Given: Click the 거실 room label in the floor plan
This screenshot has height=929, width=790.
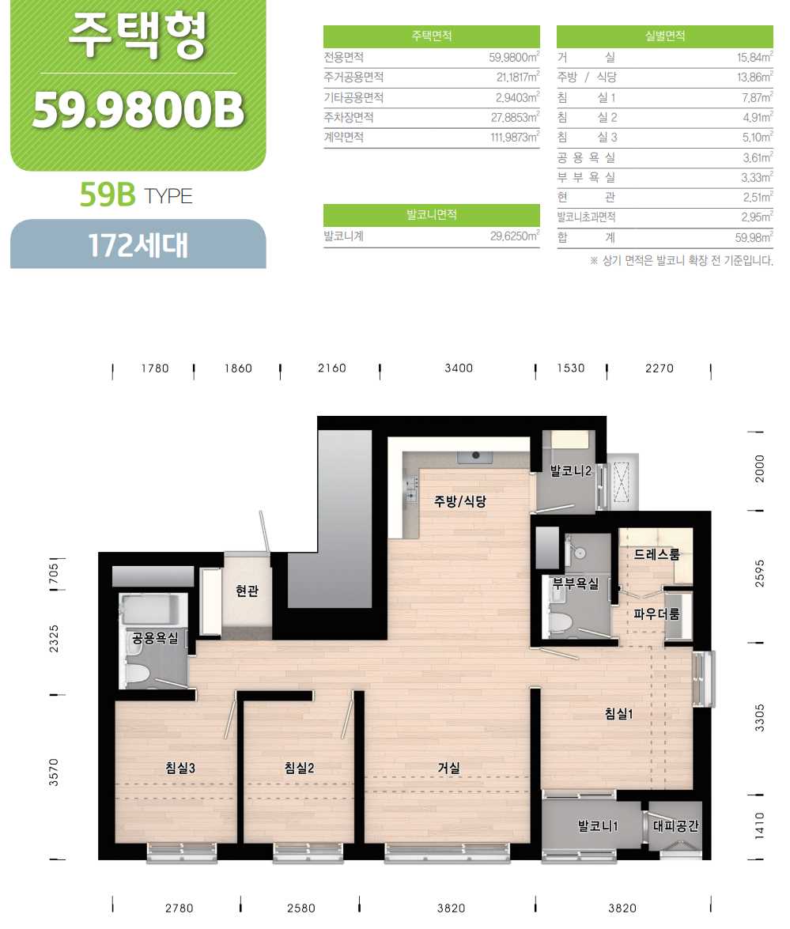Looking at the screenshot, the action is [448, 768].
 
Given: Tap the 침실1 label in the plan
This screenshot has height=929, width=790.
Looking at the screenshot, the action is [618, 713].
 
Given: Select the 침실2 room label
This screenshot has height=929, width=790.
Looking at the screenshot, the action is [299, 768].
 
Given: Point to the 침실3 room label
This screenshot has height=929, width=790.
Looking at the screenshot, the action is [180, 768].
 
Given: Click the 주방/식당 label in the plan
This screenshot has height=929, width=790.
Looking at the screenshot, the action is [460, 501].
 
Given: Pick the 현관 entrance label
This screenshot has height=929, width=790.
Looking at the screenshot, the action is [247, 591].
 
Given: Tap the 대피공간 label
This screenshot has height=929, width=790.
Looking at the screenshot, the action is [675, 825].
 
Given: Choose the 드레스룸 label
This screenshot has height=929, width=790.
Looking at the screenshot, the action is [656, 554].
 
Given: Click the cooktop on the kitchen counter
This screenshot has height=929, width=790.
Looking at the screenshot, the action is [475, 456].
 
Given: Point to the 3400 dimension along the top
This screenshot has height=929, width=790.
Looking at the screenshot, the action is [459, 368].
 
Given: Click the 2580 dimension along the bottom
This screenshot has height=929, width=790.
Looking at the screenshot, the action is [301, 908].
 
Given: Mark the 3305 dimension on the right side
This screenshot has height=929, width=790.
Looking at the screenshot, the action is [760, 717].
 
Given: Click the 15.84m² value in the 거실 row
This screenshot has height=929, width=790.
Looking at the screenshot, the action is [754, 58].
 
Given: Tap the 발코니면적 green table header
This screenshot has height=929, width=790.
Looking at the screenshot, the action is [432, 214].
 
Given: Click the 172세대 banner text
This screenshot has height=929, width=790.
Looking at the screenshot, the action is [138, 244].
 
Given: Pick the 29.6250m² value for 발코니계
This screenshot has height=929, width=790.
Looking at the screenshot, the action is [515, 236].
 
